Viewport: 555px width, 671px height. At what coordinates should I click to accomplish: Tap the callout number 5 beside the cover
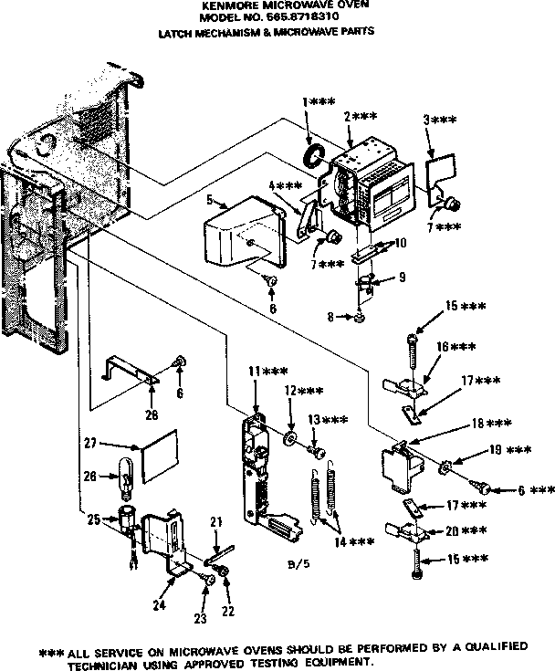tap(210, 198)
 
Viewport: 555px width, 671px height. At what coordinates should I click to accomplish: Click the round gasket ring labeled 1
tap(314, 156)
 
